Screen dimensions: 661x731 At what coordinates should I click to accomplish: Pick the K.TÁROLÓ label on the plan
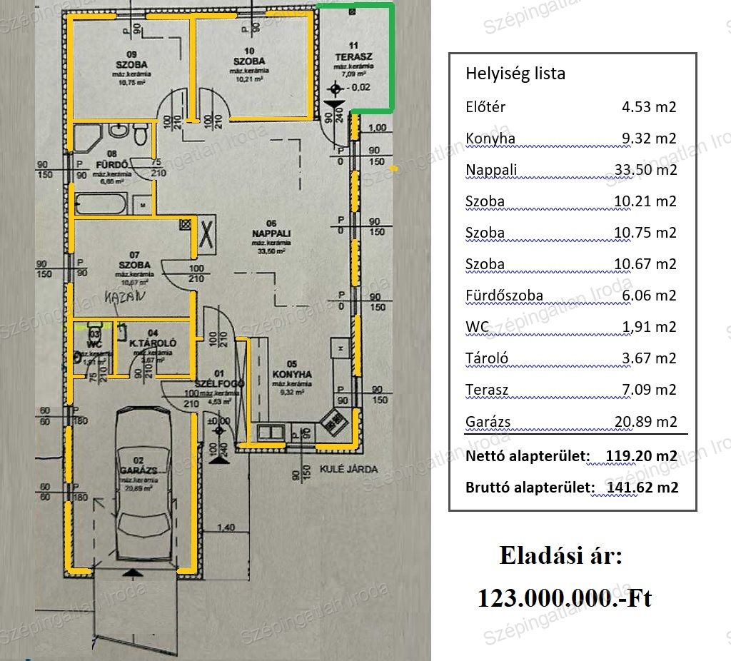pos(153,343)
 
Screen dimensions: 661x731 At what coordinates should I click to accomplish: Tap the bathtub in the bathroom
pos(101,205)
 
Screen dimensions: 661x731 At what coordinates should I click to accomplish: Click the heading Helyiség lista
pos(515,74)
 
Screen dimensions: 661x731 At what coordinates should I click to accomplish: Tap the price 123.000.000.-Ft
pos(564,598)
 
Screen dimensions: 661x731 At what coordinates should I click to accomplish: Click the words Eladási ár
pos(560,555)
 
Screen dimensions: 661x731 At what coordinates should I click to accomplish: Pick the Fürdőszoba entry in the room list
pos(504,296)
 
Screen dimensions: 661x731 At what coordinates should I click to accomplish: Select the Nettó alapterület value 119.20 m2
pos(641,455)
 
